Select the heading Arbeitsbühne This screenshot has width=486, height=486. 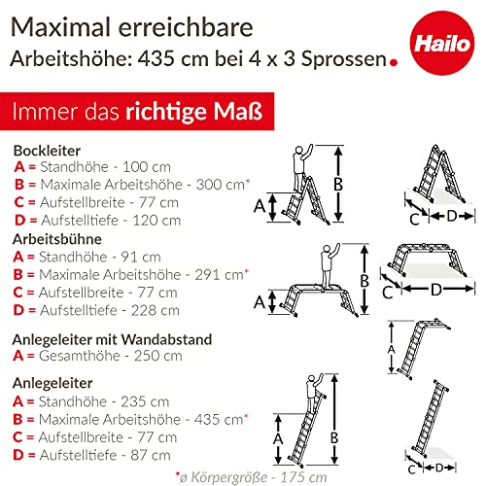[56, 238]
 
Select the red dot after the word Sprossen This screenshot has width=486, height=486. [393, 66]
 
